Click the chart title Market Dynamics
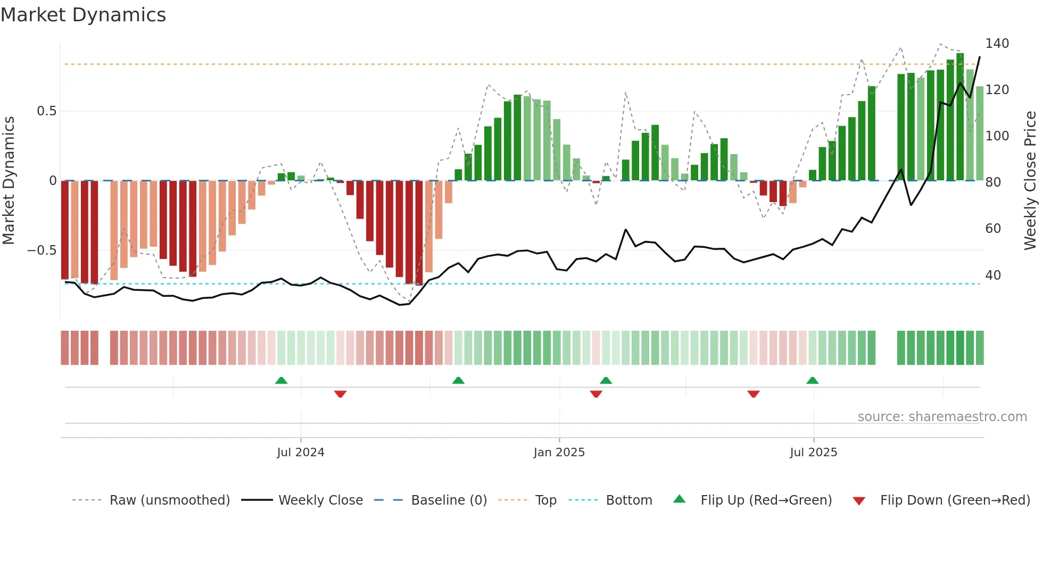pos(83,15)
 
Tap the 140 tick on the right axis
pos(997,44)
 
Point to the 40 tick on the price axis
pos(993,275)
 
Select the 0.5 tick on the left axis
pos(46,111)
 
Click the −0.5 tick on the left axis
pos(42,250)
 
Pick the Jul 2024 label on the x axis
pos(301,453)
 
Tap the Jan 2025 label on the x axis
pos(559,453)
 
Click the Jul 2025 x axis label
pos(813,453)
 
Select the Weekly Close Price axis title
pos(1030,181)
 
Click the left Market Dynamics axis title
pos(9,181)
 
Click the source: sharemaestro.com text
pos(942,417)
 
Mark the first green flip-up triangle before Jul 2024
pos(281,380)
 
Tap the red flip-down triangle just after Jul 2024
pos(340,394)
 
